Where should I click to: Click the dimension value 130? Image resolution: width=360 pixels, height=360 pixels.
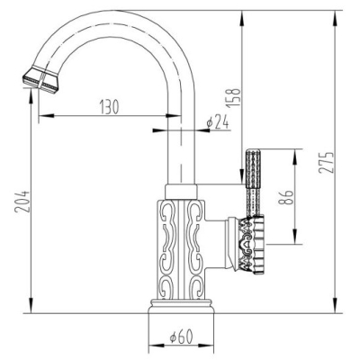coord(109,106)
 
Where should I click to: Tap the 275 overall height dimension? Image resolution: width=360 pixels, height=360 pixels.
coord(326,162)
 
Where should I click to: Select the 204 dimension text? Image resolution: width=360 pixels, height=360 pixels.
coord(23,201)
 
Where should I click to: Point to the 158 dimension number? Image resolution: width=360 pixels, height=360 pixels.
coord(235,96)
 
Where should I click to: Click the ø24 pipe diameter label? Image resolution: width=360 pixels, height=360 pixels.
coord(218,121)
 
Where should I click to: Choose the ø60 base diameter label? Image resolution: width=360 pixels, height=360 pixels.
coord(181,337)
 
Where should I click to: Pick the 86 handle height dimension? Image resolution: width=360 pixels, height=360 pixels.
coord(284,197)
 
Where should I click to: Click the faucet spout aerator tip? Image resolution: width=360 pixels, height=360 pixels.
coord(40,79)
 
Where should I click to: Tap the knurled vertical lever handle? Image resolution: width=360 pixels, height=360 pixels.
coord(253,183)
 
